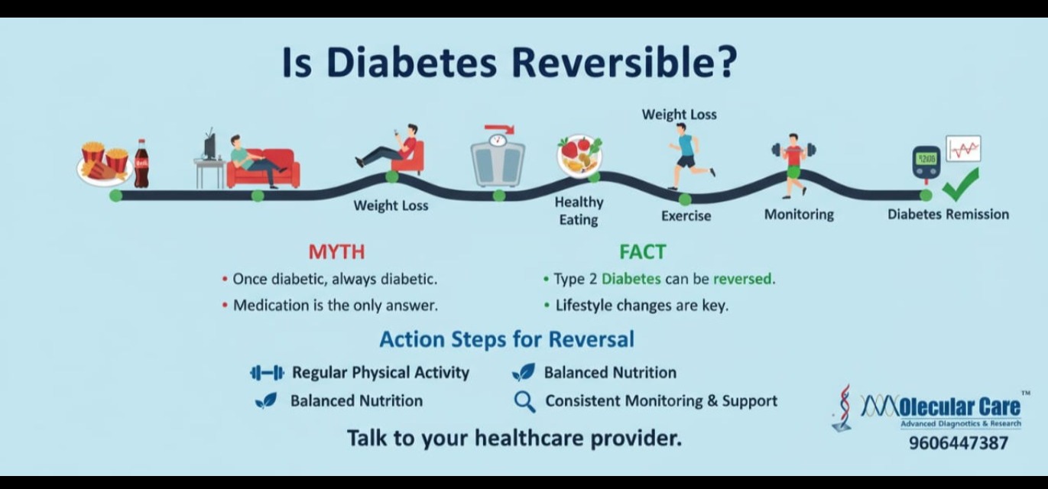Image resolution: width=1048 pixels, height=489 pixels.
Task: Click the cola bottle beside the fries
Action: [141, 164]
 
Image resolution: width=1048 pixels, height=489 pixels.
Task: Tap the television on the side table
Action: [209, 145]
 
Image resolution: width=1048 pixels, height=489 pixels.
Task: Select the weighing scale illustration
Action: [498, 160]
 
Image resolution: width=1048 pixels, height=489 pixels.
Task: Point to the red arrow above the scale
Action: [500, 128]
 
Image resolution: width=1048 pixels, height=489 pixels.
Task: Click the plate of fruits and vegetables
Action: [579, 156]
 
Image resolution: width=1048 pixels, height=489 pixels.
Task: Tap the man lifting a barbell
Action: [794, 164]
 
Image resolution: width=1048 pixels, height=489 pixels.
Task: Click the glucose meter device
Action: [926, 163]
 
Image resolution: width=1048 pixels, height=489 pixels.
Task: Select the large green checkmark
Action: [961, 185]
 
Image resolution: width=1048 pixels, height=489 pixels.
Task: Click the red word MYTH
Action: [336, 252]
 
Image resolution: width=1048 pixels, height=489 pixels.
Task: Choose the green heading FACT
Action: [642, 252]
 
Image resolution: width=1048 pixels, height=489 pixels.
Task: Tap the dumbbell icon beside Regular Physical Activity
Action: [267, 373]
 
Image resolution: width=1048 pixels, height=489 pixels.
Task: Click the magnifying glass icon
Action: [524, 402]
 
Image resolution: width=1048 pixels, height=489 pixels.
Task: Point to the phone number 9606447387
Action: [958, 442]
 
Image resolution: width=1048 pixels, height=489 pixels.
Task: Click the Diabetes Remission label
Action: [949, 214]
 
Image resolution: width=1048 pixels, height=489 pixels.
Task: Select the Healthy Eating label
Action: [579, 211]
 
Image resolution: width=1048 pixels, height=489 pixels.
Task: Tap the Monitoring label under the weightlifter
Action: [799, 215]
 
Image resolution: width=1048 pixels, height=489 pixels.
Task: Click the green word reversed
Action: [742, 279]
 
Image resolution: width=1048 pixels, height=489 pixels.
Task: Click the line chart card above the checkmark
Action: [963, 149]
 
